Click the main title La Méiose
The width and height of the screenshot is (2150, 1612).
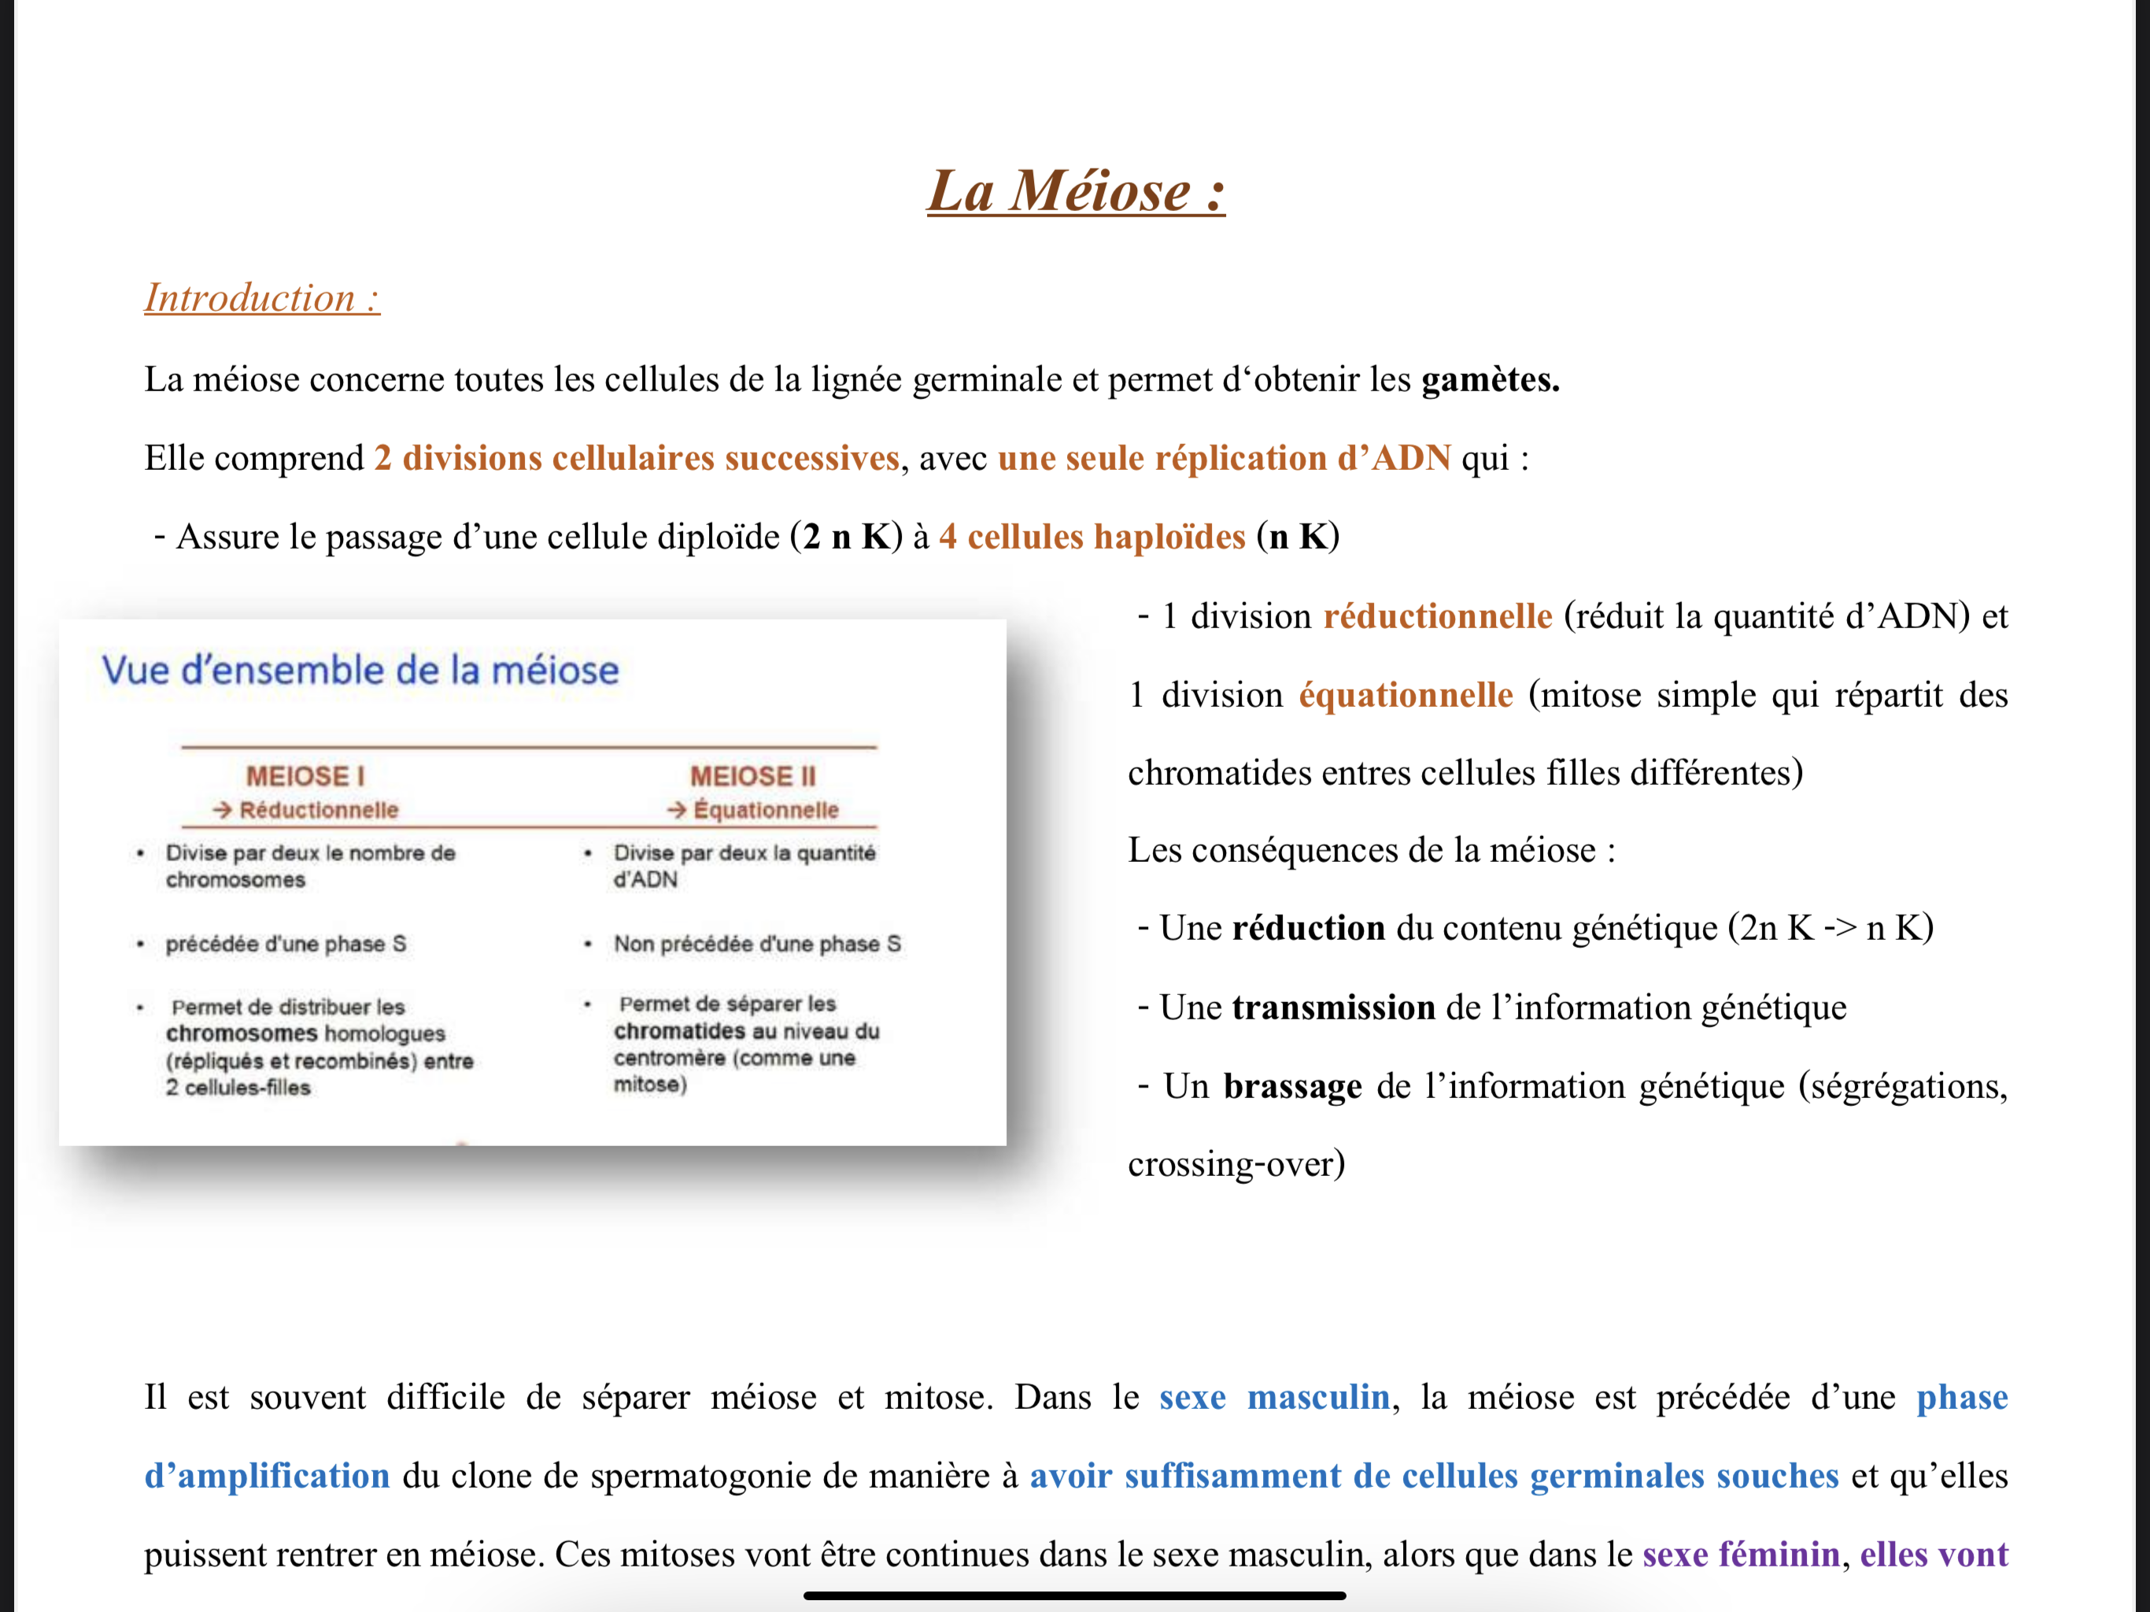1075,190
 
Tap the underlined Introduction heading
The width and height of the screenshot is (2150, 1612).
261,298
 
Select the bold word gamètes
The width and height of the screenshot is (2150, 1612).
1489,379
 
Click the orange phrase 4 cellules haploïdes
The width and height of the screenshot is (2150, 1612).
1092,537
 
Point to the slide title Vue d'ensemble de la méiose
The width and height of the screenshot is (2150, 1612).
360,670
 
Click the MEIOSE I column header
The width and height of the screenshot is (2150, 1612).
305,776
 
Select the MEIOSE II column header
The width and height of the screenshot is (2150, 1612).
752,776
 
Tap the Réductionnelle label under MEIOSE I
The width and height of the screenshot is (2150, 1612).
318,810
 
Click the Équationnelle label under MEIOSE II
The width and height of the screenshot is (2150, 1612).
765,810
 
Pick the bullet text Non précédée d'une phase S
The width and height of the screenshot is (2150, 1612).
756,944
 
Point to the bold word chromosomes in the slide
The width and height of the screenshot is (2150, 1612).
241,1033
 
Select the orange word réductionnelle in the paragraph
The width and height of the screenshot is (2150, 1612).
1438,616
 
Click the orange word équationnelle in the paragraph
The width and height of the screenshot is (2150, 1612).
1406,695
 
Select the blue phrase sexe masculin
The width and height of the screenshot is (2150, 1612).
1274,1397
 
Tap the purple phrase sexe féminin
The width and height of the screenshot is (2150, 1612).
1740,1555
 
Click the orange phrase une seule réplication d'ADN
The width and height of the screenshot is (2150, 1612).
1224,458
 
